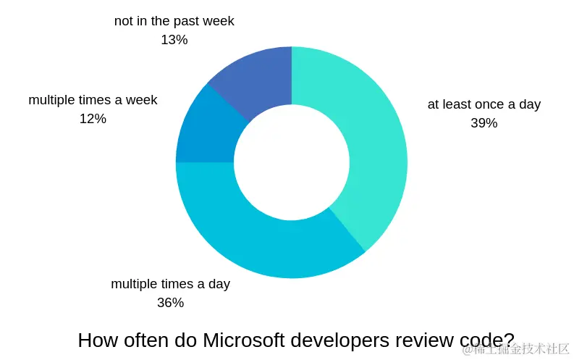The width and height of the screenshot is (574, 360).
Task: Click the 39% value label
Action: [484, 123]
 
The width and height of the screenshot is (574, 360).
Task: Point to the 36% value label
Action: [170, 303]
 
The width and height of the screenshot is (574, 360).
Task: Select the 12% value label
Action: [93, 119]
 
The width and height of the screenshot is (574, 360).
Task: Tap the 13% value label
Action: [174, 40]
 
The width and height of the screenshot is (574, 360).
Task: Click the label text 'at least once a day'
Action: [484, 104]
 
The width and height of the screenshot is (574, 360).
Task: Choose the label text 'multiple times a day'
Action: [170, 284]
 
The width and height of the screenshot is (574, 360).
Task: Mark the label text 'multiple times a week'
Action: [93, 100]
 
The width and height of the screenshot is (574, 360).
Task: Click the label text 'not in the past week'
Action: [174, 21]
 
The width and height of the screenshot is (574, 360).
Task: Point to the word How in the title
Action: [95, 340]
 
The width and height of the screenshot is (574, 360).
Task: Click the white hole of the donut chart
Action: [291, 162]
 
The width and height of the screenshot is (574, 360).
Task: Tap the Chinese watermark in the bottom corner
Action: [516, 349]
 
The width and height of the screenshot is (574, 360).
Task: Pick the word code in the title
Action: [487, 340]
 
